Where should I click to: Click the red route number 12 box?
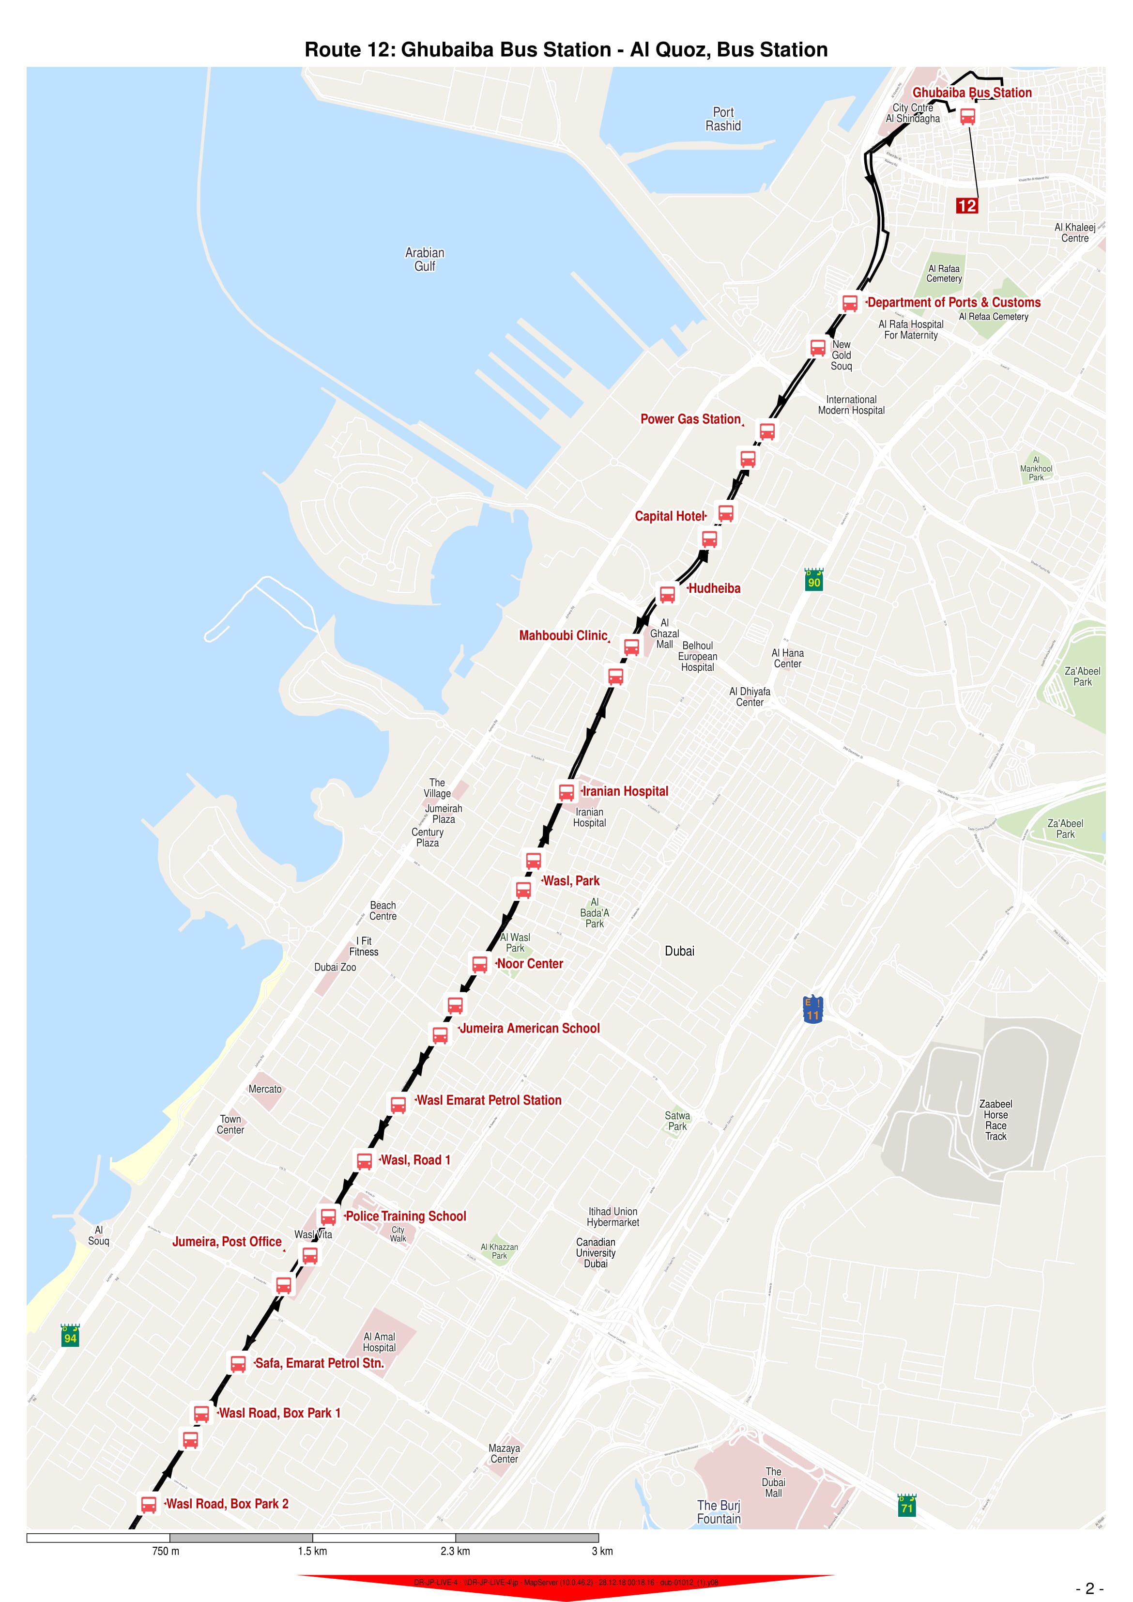point(966,206)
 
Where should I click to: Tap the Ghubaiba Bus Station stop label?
point(971,93)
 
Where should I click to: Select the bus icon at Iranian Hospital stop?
point(566,792)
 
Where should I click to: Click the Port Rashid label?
point(723,119)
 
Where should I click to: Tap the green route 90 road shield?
point(813,581)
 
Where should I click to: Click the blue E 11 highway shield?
point(813,1010)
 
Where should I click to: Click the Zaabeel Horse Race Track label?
point(995,1120)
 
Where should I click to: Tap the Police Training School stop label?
point(405,1216)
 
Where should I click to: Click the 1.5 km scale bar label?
point(313,1551)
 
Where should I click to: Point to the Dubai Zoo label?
point(335,967)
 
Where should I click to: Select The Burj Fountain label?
point(719,1512)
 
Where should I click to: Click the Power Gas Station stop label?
point(690,419)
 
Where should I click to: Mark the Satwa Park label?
point(677,1121)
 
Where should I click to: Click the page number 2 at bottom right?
point(1089,1588)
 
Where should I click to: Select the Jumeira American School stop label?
point(530,1029)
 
